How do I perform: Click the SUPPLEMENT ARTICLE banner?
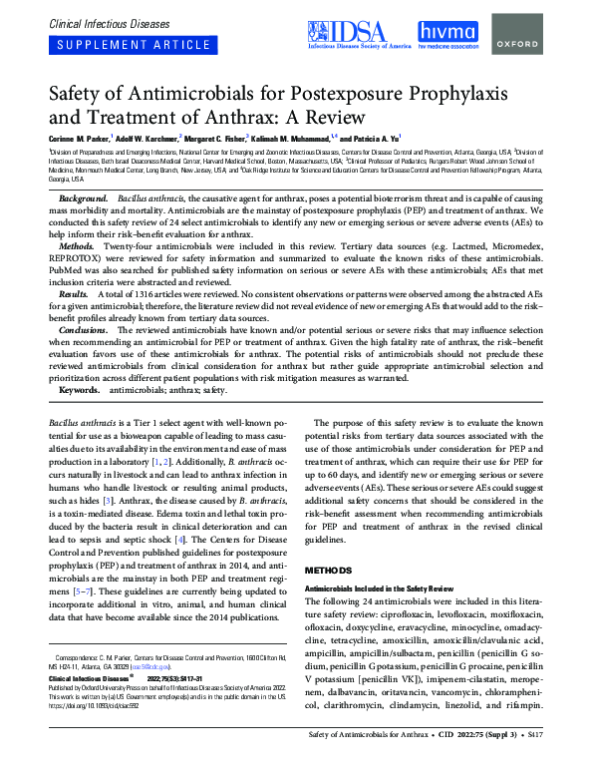[x=118, y=46]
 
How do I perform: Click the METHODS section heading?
[x=328, y=571]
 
